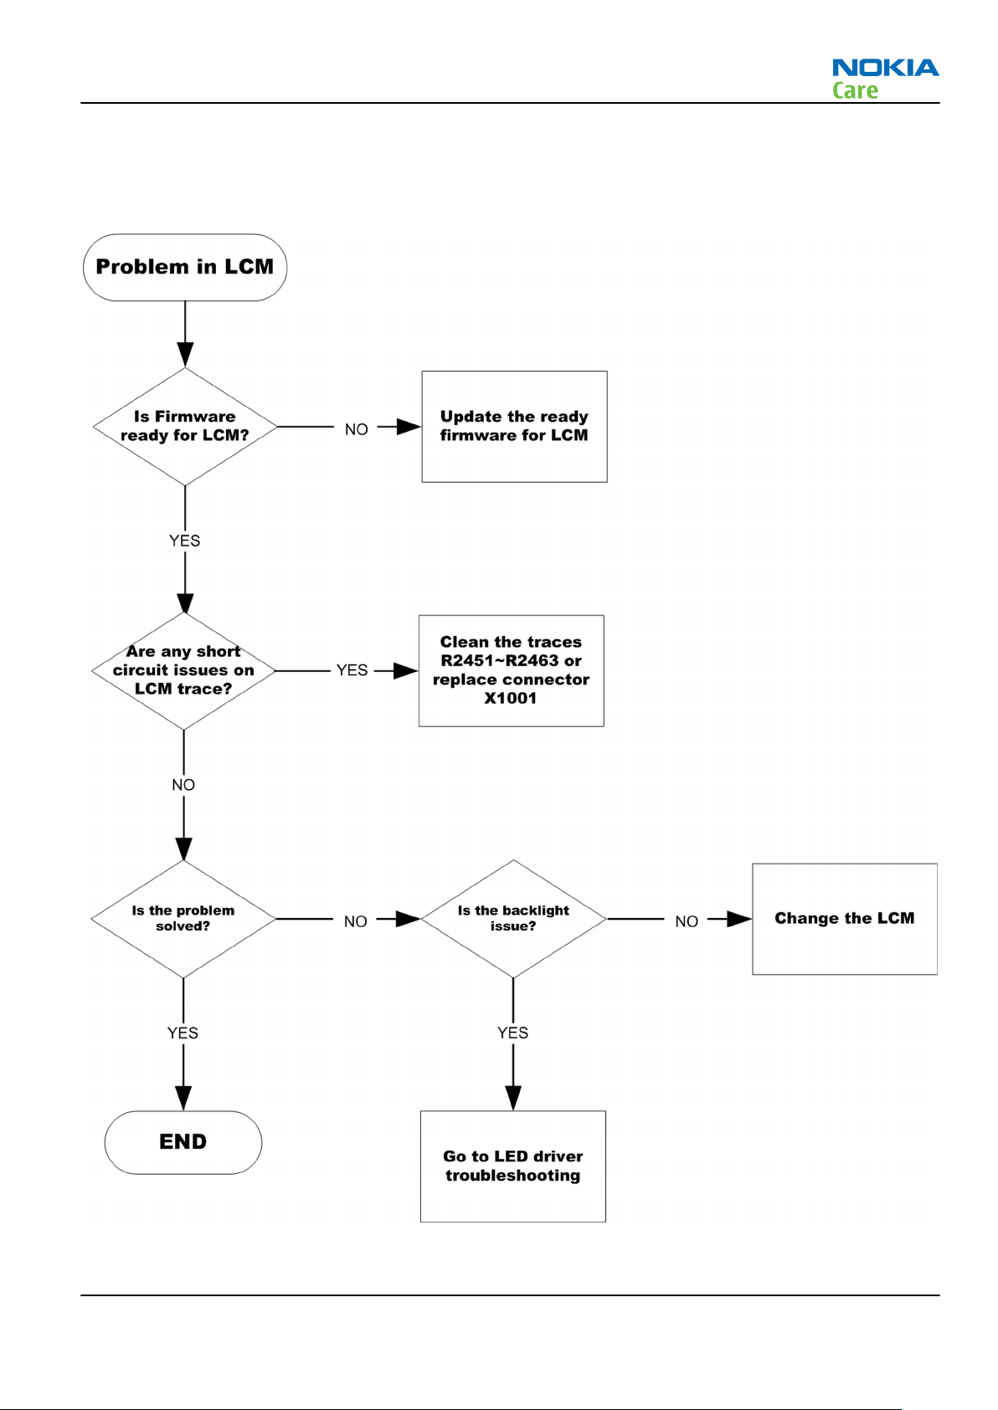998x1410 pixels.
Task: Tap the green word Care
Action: click(x=855, y=90)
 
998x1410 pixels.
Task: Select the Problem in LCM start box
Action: click(x=185, y=268)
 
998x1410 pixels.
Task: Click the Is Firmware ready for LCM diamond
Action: click(x=185, y=427)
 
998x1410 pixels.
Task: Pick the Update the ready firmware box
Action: click(x=514, y=427)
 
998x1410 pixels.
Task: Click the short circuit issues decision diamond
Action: click(x=184, y=671)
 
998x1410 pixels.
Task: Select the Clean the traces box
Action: click(x=512, y=671)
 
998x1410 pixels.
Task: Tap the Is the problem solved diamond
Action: click(x=183, y=919)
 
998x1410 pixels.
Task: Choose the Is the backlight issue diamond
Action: click(x=513, y=919)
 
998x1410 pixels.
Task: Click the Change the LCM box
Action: click(x=845, y=919)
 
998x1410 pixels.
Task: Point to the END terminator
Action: click(x=183, y=1142)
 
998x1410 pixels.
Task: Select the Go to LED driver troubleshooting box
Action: click(x=513, y=1166)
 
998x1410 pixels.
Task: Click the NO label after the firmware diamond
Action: click(x=357, y=429)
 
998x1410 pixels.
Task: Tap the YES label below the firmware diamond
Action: click(x=184, y=541)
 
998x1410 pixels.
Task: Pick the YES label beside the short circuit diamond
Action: click(x=352, y=670)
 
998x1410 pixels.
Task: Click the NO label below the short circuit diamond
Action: click(x=183, y=785)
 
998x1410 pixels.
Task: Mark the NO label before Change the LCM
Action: click(x=687, y=921)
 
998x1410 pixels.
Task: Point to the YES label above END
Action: click(x=183, y=1033)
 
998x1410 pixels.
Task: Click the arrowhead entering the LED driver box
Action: click(x=513, y=1099)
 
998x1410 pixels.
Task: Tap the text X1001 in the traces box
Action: click(x=511, y=698)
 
